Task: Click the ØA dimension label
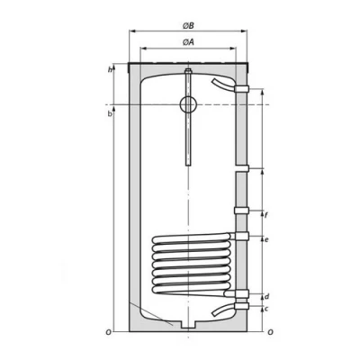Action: click(186, 43)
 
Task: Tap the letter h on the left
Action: click(110, 70)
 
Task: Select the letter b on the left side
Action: click(110, 113)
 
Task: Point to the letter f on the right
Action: click(267, 214)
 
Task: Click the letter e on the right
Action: click(267, 239)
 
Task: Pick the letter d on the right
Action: click(267, 295)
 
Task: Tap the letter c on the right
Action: click(267, 309)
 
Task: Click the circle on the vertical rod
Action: click(186, 103)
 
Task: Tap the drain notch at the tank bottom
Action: click(186, 323)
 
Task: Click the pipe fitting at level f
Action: click(241, 211)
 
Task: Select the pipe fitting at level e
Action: click(241, 237)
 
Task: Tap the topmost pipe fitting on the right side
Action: click(241, 89)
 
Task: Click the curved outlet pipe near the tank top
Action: click(221, 83)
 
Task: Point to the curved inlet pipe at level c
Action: click(221, 310)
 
